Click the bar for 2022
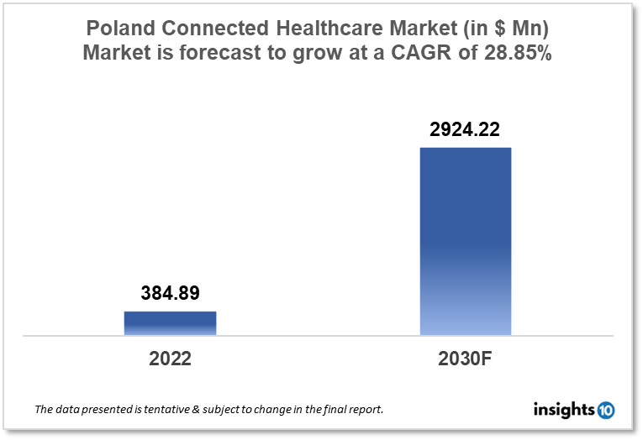tap(170, 323)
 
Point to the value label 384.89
tap(170, 293)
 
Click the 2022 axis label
tap(170, 359)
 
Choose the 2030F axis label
tap(466, 359)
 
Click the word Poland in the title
tap(119, 28)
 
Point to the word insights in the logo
tap(563, 410)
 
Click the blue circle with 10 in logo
tap(605, 411)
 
